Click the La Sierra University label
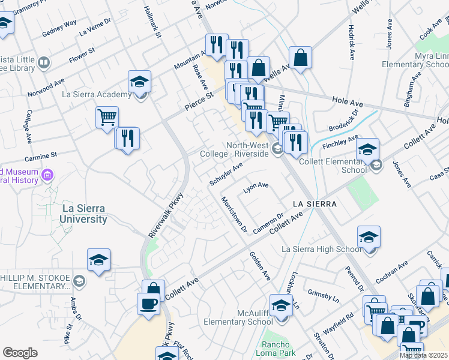pyautogui.click(x=83, y=214)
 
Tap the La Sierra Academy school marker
pyautogui.click(x=139, y=82)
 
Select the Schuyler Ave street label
pyautogui.click(x=226, y=173)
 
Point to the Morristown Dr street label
pyautogui.click(x=234, y=214)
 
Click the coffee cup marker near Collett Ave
pyautogui.click(x=148, y=304)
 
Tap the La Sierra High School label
pyautogui.click(x=322, y=249)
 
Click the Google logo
pyautogui.click(x=20, y=353)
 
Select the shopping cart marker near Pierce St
pyautogui.click(x=107, y=118)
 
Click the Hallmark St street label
pyautogui.click(x=153, y=22)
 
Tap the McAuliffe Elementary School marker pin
pyautogui.click(x=280, y=307)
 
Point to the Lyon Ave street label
pyautogui.click(x=255, y=188)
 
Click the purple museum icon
pyautogui.click(x=47, y=175)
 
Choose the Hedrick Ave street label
pyautogui.click(x=351, y=42)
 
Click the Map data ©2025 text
pyautogui.click(x=423, y=355)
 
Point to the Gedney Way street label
pyautogui.click(x=59, y=24)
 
